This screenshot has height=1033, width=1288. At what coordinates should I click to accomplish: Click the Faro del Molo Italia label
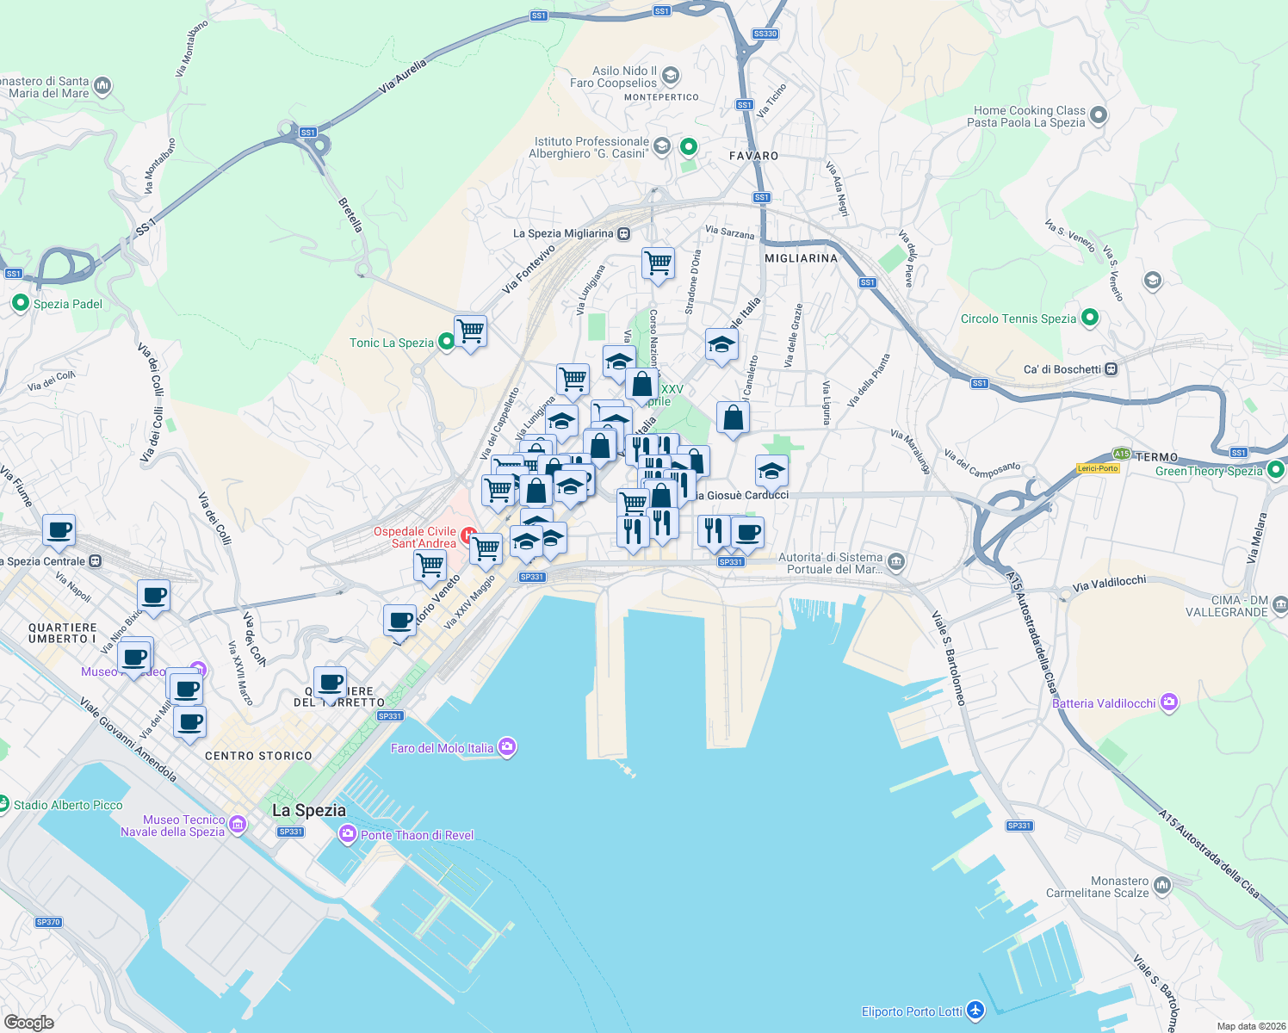(x=442, y=748)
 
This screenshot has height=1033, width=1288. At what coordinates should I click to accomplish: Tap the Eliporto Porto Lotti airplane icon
(x=975, y=1011)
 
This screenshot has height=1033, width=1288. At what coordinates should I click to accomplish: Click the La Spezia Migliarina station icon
(x=624, y=233)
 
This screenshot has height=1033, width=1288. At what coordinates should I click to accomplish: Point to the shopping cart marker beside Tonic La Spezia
(x=471, y=330)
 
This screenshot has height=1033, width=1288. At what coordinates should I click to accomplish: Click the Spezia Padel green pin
(x=20, y=303)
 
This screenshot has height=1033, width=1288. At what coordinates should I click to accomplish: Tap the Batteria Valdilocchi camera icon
(x=1168, y=702)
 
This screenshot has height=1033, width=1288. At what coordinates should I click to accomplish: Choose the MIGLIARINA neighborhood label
(x=801, y=258)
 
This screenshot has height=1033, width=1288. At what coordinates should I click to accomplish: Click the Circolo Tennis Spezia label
(x=1018, y=319)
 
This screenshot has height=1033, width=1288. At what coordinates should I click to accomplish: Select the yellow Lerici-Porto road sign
(x=1098, y=468)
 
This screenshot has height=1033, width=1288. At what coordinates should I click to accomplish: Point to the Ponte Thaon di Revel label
(x=418, y=835)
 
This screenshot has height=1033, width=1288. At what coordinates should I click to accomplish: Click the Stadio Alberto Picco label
(x=68, y=805)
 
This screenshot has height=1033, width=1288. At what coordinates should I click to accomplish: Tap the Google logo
(x=28, y=1022)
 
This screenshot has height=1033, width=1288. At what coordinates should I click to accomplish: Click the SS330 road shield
(x=765, y=34)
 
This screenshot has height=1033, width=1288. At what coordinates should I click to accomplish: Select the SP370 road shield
(x=48, y=922)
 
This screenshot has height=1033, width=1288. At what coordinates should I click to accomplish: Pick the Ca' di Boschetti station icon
(x=1112, y=369)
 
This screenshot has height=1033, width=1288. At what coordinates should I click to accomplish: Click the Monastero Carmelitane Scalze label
(x=1097, y=887)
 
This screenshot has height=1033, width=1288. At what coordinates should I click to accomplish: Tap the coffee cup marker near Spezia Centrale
(x=59, y=530)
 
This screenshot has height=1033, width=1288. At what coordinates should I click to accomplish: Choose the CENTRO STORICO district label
(x=258, y=756)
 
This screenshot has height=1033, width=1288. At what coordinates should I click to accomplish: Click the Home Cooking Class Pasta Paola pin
(x=1099, y=114)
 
